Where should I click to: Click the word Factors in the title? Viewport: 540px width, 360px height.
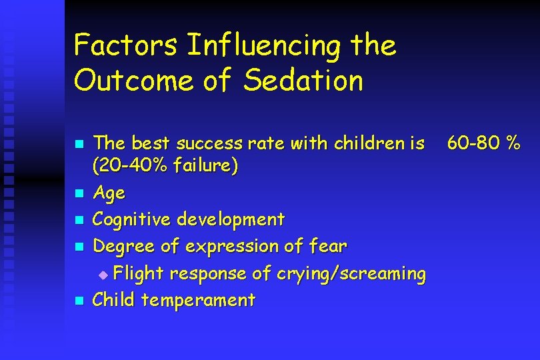pos(125,45)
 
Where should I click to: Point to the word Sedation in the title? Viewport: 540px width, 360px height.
pos(303,81)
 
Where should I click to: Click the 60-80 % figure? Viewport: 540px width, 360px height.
pos(483,143)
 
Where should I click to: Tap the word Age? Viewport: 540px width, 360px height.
pos(109,193)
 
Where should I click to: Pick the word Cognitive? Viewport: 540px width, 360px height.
pos(131,219)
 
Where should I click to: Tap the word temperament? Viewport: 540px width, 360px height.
pos(198,300)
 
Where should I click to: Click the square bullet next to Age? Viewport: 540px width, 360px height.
pos(79,194)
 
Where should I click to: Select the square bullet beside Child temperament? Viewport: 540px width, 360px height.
pos(79,301)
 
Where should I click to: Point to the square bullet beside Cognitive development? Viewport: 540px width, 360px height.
pos(79,220)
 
